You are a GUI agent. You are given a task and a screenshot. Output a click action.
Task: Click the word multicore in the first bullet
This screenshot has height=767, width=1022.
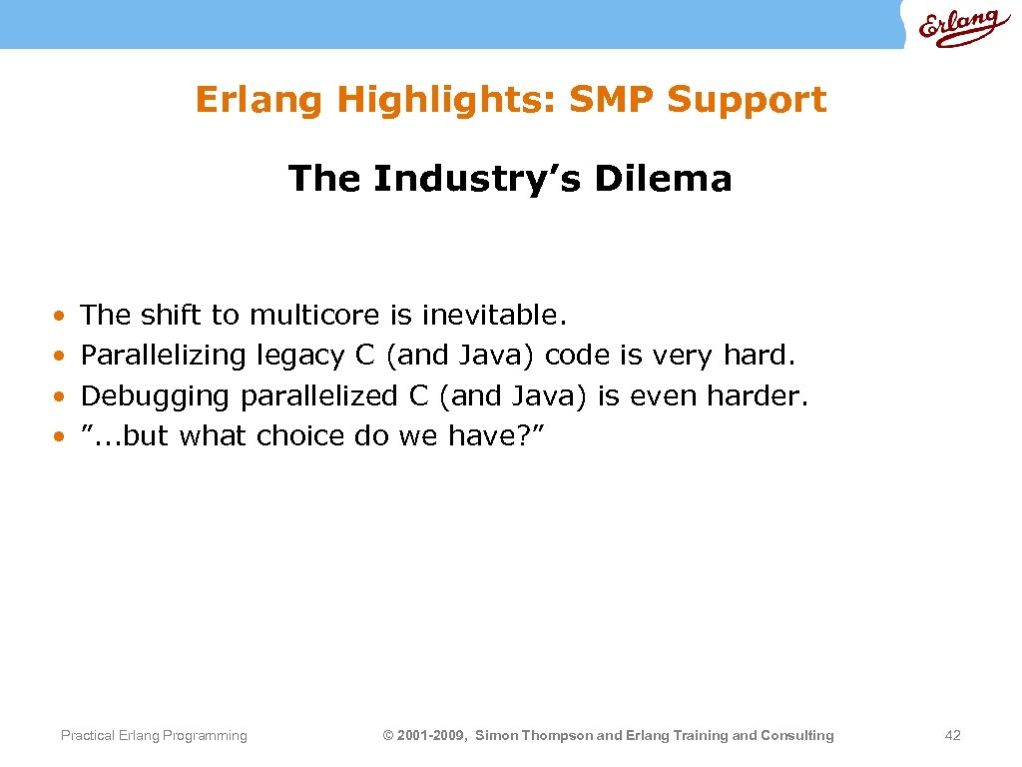(x=314, y=316)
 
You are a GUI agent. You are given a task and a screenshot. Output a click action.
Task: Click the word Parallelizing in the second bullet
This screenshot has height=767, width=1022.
(x=163, y=356)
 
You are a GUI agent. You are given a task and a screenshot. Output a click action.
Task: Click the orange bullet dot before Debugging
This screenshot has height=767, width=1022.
(x=61, y=396)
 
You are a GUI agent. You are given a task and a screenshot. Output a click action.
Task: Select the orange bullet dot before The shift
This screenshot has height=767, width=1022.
(x=61, y=316)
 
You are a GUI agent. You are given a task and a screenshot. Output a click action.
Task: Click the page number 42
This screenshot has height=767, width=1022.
(x=952, y=736)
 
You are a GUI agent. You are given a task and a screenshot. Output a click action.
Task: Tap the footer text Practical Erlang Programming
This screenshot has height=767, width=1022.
(x=154, y=736)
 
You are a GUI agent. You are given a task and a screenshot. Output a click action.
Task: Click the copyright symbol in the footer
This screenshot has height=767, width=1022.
(x=388, y=736)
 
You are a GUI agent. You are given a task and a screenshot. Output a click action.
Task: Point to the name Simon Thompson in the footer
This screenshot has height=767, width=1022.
(x=533, y=736)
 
